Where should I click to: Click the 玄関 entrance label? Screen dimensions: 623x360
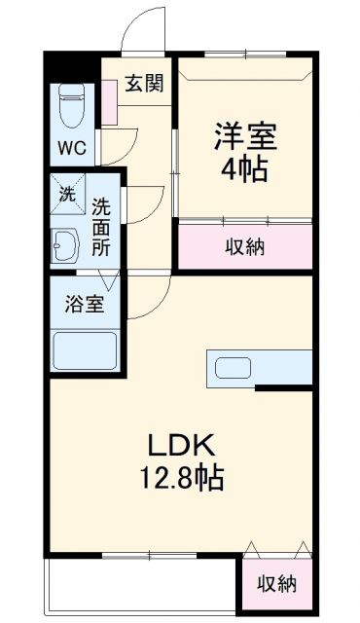(143, 85)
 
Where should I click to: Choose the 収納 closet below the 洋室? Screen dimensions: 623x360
(245, 246)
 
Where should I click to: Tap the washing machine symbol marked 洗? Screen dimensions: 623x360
(67, 194)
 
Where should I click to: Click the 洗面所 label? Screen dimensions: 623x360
(102, 226)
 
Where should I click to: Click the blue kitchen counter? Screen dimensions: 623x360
(282, 368)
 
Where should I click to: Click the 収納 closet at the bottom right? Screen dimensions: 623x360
(276, 583)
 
